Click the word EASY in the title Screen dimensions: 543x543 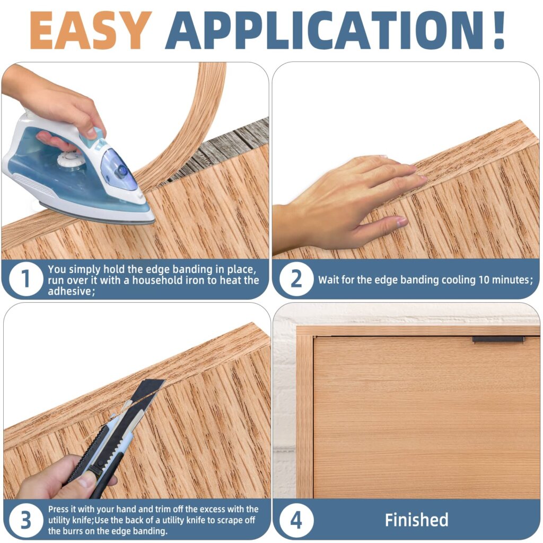[x=90, y=30]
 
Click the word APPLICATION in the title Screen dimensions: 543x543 [x=323, y=30]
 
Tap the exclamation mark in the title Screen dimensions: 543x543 [x=498, y=30]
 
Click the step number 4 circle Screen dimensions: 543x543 [x=296, y=520]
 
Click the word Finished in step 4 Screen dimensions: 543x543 [x=416, y=520]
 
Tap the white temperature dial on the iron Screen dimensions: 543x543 [x=71, y=159]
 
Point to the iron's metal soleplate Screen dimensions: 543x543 [x=95, y=214]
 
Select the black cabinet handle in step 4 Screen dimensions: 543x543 [x=498, y=339]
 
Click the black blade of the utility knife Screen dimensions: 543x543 [x=146, y=392]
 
